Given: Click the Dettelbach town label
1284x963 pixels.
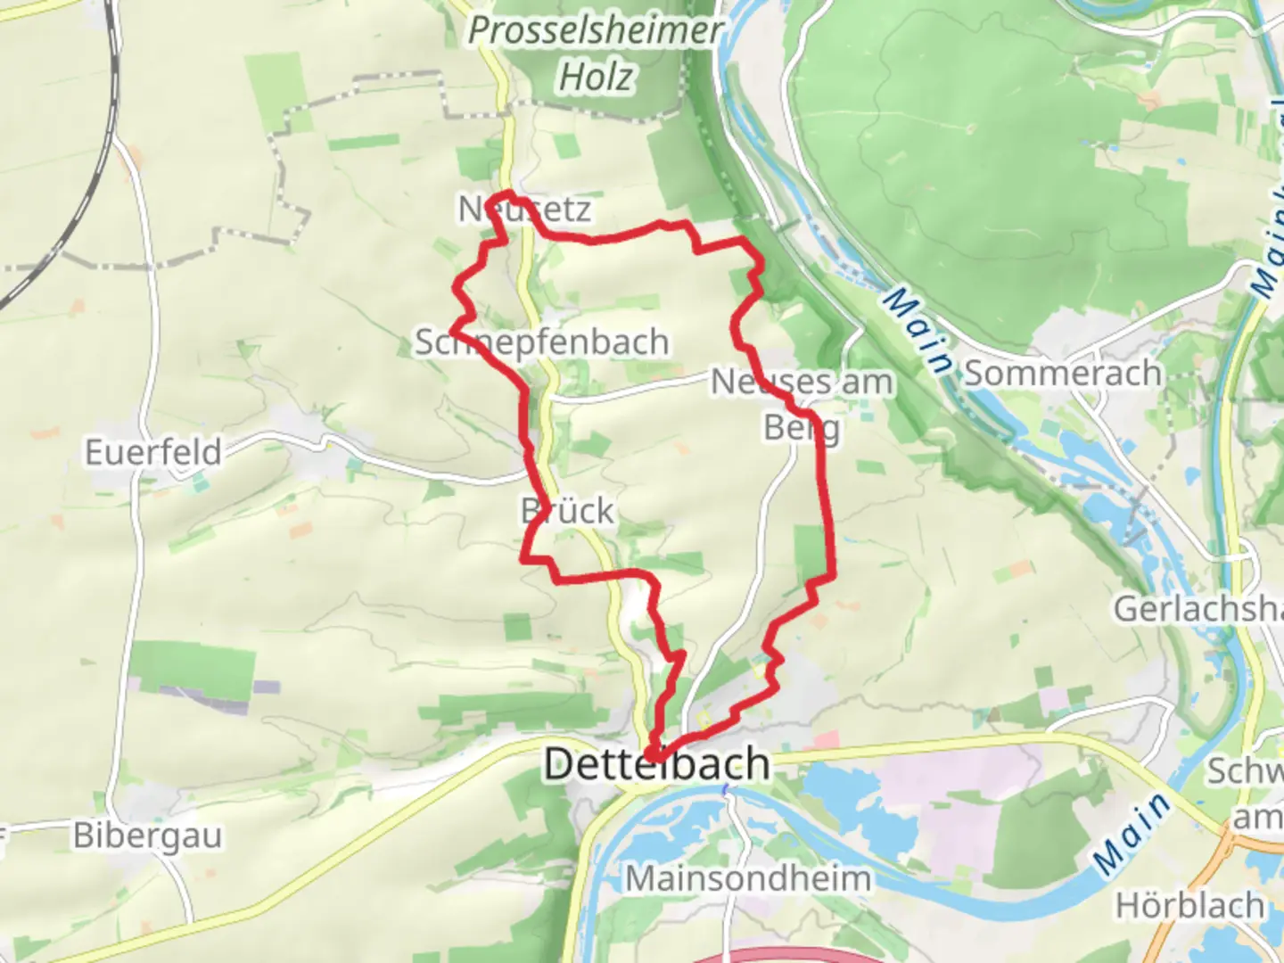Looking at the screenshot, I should coord(656,765).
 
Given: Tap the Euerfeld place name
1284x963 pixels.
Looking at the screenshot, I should coord(153,452).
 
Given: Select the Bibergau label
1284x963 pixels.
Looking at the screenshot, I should coord(148,835).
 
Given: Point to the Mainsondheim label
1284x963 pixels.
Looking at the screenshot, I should coord(747,878).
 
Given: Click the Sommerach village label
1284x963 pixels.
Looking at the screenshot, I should coord(1063,373).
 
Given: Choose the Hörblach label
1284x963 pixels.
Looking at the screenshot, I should coord(1189,906).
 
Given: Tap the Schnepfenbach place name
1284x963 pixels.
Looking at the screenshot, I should coord(542,342).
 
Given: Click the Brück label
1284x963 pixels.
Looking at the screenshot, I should coord(567,511).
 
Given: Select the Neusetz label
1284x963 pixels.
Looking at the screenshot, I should coord(524,210).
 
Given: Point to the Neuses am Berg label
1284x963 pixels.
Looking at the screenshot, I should coord(802,382).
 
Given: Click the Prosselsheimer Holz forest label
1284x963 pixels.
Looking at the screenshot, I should coord(596,53).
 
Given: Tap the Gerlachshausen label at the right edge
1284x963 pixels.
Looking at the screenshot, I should coord(1197,609).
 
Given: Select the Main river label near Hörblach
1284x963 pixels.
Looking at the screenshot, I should coord(1132,833).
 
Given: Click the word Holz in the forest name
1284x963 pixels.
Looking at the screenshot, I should coord(596,77).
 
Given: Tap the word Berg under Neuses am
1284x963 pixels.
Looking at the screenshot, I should coord(802,428).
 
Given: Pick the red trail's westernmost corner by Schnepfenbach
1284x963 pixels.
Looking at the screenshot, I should coord(452,329).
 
